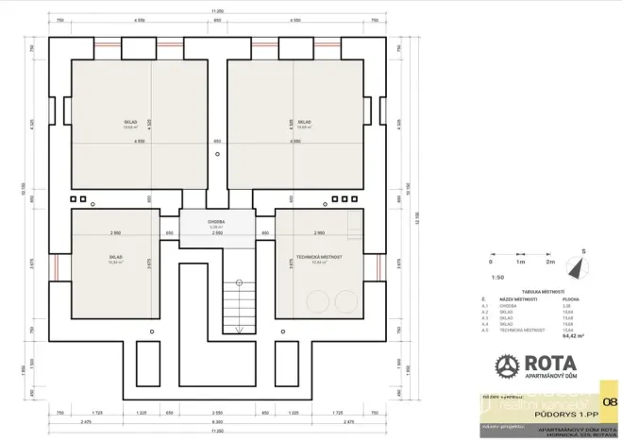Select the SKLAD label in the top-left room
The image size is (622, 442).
[x=129, y=122]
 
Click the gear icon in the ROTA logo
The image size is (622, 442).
[x=508, y=365]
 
